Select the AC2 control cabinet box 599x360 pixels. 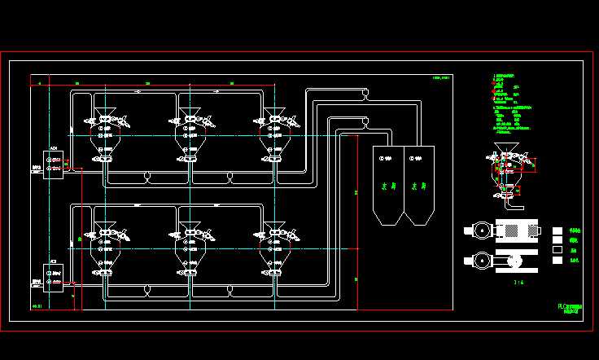pyautogui.click(x=54, y=277)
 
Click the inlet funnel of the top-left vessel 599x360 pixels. pyautogui.click(x=105, y=112)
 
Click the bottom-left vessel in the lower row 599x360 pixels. pyautogui.click(x=105, y=248)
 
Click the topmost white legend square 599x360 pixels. pyautogui.click(x=557, y=230)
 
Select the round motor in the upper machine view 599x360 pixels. pyautogui.click(x=482, y=230)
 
